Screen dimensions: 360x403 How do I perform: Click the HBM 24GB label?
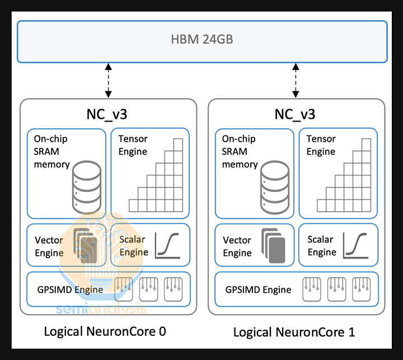tap(201, 40)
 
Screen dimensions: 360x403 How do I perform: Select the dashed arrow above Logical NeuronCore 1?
tap(295, 81)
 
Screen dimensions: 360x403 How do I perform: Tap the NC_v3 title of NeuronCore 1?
tap(295, 115)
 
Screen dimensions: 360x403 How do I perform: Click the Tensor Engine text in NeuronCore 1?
tap(321, 145)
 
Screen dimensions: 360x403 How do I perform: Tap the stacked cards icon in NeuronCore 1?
tap(273, 246)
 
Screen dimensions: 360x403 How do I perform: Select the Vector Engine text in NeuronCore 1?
tap(237, 246)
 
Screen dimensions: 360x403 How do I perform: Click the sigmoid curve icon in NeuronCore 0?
tap(167, 245)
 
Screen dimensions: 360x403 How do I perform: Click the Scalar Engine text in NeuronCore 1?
tap(322, 246)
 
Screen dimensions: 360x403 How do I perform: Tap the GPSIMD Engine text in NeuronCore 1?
tap(257, 289)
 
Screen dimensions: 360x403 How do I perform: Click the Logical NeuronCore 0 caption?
tap(105, 331)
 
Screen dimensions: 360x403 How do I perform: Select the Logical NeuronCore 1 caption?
tap(294, 332)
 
